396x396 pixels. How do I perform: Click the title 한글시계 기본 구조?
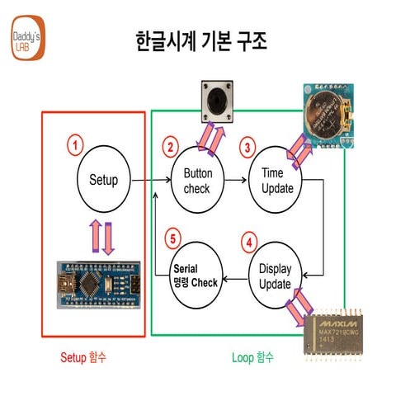coord(200,41)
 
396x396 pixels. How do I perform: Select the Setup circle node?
coord(104,180)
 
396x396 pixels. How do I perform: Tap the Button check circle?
coord(197,180)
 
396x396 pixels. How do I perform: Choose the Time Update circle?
coord(276,180)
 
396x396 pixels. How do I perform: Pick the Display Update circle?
coord(276,276)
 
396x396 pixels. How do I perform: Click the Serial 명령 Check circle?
coord(196,276)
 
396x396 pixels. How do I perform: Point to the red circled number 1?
coord(75,146)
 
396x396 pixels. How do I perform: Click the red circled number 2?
coord(171,148)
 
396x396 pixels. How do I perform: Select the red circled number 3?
coord(246,148)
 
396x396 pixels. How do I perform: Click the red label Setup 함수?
coord(83,358)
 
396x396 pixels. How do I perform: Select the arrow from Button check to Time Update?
coord(236,180)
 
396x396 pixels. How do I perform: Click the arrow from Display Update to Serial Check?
coord(236,278)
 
